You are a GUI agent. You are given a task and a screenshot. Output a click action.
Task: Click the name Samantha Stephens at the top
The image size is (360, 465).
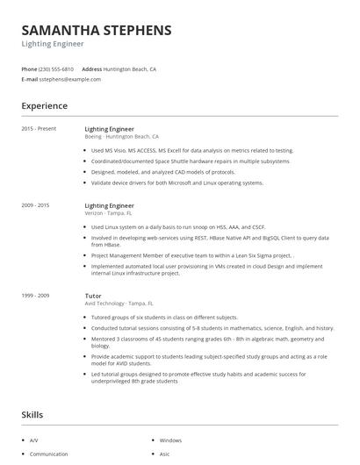pyautogui.click(x=97, y=30)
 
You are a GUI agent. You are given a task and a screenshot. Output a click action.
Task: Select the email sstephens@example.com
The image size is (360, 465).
pyautogui.click(x=69, y=79)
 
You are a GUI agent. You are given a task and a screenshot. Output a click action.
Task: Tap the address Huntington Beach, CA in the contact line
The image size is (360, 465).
pyautogui.click(x=129, y=68)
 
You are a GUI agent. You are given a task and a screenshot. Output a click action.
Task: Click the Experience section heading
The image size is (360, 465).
pyautogui.click(x=44, y=106)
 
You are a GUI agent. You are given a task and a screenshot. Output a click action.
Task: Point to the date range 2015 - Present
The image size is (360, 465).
pyautogui.click(x=39, y=129)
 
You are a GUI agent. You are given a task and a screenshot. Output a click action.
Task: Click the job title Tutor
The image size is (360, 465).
pyautogui.click(x=93, y=297)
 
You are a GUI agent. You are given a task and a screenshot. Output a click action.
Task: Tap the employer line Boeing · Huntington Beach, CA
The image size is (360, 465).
pyautogui.click(x=121, y=137)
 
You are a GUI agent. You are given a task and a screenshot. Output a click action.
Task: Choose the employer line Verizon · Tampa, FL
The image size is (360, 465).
pyautogui.click(x=108, y=212)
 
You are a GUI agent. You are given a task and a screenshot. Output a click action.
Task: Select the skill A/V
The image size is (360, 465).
pyautogui.click(x=34, y=440)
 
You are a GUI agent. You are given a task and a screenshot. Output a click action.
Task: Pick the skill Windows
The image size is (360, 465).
pyautogui.click(x=170, y=440)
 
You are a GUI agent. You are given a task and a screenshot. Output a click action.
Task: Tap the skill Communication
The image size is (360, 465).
pyautogui.click(x=48, y=454)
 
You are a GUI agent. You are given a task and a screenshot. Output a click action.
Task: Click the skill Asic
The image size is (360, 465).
pyautogui.click(x=164, y=454)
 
